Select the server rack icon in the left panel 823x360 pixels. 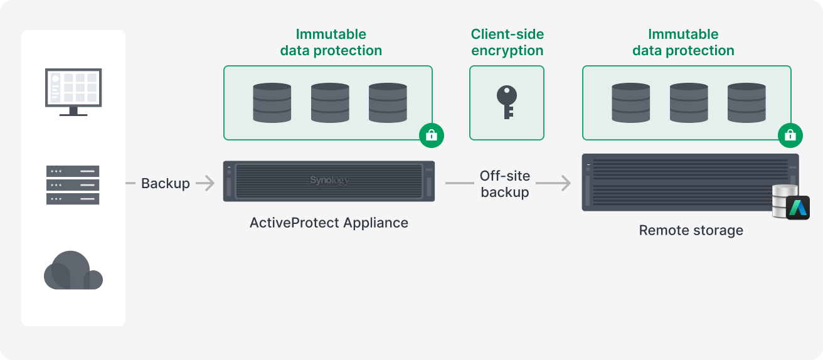73,184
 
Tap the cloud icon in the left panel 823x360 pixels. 73,271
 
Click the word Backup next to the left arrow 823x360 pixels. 165,183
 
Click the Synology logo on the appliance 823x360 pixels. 329,181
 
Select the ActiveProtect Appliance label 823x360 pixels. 329,223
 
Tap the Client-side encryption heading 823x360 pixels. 507,43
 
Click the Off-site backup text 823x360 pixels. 505,184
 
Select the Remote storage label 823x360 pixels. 691,230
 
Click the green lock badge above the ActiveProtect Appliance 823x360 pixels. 432,135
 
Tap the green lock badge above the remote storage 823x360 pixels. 790,135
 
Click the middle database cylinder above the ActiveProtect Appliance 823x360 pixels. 330,102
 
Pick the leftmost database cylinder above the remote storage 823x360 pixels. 631,102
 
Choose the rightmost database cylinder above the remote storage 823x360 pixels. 746,102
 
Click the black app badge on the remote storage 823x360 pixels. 798,208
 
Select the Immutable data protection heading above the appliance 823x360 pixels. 331,43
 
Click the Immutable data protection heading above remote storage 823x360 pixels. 683,43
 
